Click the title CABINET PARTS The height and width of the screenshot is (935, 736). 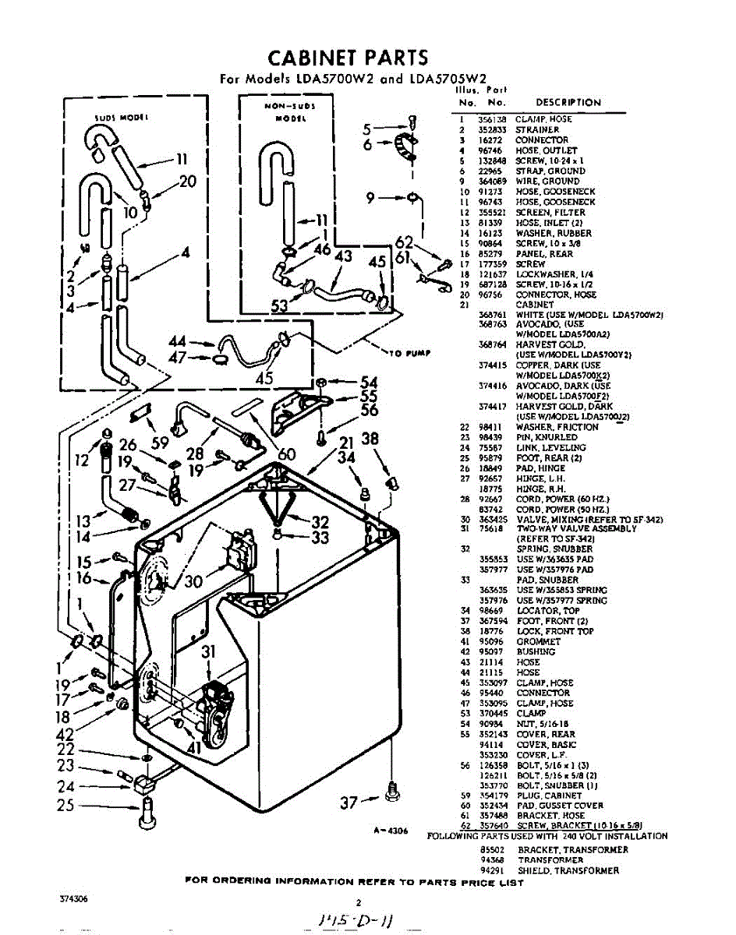[348, 58]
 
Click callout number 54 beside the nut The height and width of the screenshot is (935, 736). [369, 383]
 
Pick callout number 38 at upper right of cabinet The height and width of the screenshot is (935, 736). [370, 440]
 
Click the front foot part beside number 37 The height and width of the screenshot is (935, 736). [391, 795]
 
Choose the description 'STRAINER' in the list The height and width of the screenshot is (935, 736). [536, 129]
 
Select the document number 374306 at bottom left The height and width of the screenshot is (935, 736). [74, 898]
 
